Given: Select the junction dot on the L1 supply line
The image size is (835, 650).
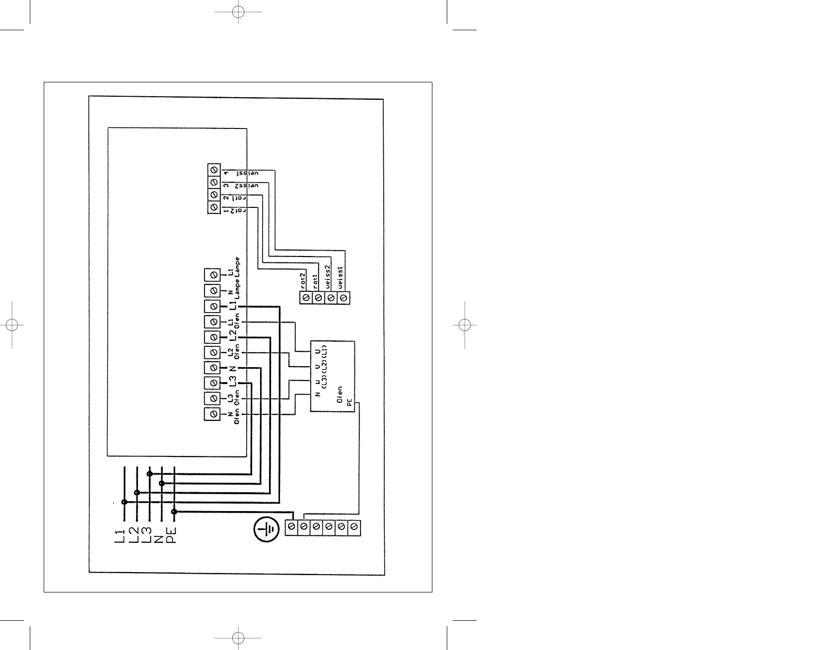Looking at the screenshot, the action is pos(124,502).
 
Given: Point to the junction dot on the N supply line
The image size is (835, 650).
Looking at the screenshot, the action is pos(162,483).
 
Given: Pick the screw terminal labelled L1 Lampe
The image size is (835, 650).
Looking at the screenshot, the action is pos(212,274).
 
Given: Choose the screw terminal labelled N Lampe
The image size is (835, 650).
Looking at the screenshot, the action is pos(212,290).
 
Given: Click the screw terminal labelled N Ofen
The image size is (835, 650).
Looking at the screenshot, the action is pos(212,414).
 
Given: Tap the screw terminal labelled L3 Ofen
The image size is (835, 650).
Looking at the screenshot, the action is pos(212,398).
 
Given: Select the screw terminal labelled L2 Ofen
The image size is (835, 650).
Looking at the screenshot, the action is pos(212,352).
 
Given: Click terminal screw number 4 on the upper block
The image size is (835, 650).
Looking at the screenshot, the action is pos(213,170).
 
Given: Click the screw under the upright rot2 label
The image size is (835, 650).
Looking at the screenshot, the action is pos(306,298).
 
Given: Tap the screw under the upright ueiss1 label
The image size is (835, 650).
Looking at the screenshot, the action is pos(344,298).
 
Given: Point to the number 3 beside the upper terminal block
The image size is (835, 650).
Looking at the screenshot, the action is pos(226,186).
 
